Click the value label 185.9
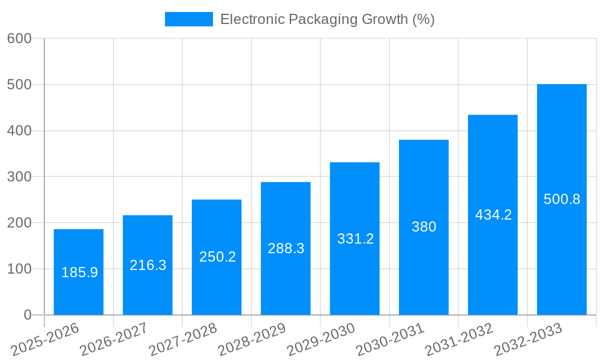[x=79, y=272]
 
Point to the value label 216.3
[x=148, y=265]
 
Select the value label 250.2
[x=217, y=257]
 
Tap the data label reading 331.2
[x=355, y=239]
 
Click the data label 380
[x=424, y=227]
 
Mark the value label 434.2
[x=493, y=215]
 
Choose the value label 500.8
[x=562, y=199]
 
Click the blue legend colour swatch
[x=189, y=19]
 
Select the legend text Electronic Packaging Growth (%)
[x=327, y=19]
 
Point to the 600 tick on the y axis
[x=19, y=38]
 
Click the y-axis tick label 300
[x=19, y=177]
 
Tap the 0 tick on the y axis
[x=27, y=315]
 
